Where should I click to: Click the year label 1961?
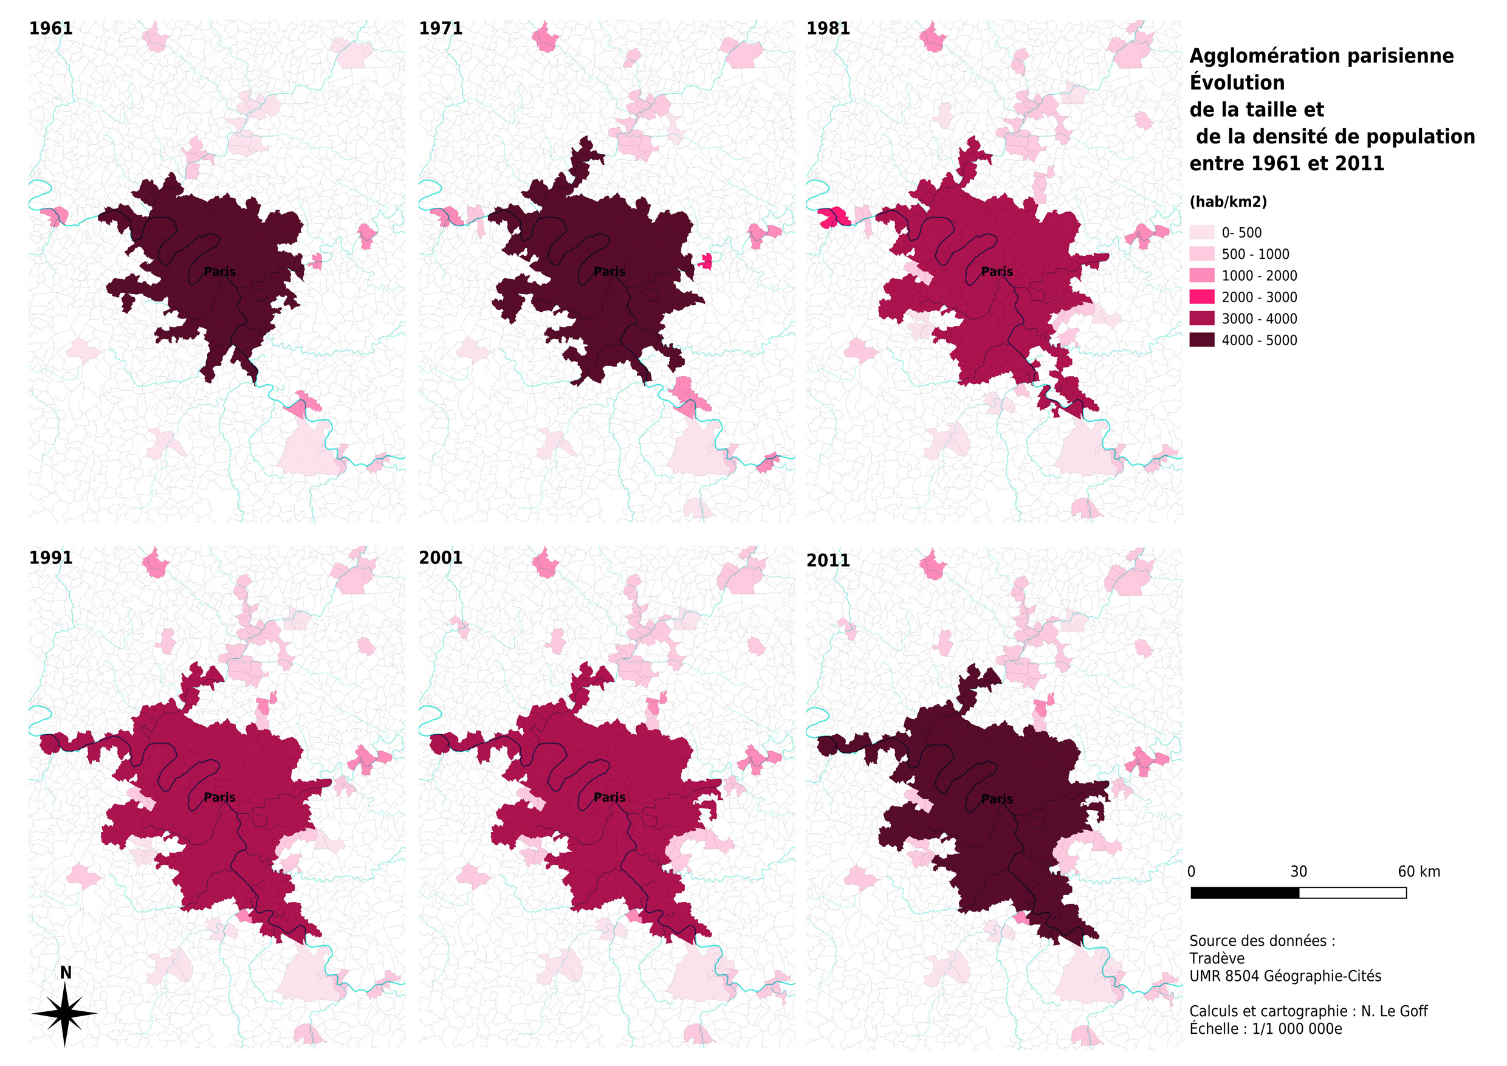point(50,28)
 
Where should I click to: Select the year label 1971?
point(441,28)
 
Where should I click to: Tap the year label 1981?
point(828,28)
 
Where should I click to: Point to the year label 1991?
point(50,557)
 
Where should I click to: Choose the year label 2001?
point(441,557)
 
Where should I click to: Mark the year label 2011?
point(828,560)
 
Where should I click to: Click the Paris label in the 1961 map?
point(219,271)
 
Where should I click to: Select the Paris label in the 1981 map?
point(997,271)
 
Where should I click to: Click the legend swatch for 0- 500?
point(1201,232)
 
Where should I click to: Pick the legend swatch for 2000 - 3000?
point(1201,297)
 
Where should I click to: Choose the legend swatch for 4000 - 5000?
point(1201,340)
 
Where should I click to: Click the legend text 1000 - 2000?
point(1259,276)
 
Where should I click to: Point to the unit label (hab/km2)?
point(1227,202)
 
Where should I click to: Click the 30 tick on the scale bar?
point(1299,872)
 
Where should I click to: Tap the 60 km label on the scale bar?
point(1418,872)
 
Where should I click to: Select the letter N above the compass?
point(66,972)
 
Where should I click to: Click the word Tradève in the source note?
point(1216,958)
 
